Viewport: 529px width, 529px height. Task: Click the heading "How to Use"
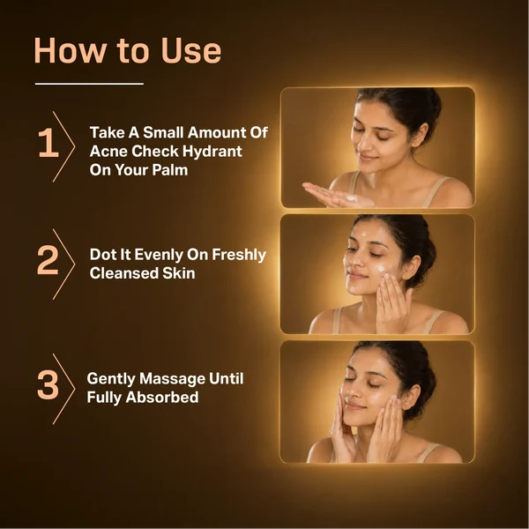(x=128, y=50)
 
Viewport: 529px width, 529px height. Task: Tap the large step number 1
(x=48, y=143)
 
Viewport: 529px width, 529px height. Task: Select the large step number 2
(x=48, y=260)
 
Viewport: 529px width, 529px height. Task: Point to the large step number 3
(x=48, y=384)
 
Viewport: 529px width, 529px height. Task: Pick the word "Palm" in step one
(x=169, y=169)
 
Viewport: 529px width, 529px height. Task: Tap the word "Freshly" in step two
(x=239, y=256)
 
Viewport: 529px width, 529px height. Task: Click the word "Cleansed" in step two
(x=123, y=273)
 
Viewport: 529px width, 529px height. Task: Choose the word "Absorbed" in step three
(x=162, y=397)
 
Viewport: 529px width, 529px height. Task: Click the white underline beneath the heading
(x=89, y=84)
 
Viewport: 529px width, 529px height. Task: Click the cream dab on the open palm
(x=351, y=198)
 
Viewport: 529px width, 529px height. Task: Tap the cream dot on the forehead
(x=363, y=234)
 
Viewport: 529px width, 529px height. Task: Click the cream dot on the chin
(x=353, y=289)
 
